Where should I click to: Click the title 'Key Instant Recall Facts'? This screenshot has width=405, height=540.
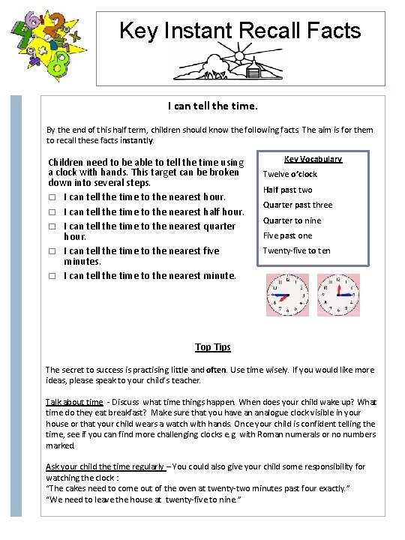tap(240, 31)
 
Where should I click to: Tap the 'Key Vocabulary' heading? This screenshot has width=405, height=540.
tap(313, 159)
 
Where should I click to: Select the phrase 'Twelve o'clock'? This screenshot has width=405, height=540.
tap(289, 174)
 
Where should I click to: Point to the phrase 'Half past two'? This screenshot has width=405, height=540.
tap(287, 190)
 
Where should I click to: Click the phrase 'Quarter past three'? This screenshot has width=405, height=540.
tap(297, 205)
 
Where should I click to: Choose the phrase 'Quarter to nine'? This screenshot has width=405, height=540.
tap(292, 220)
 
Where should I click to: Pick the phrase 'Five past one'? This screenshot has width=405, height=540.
tap(287, 235)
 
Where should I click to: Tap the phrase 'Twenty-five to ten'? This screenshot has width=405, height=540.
tap(296, 250)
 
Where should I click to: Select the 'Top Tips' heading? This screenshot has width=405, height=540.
tap(213, 346)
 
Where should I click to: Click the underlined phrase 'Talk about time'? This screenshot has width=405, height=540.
tap(74, 402)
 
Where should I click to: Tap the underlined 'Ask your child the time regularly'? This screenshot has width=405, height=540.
tap(105, 466)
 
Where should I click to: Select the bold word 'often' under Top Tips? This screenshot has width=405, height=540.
tap(216, 370)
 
